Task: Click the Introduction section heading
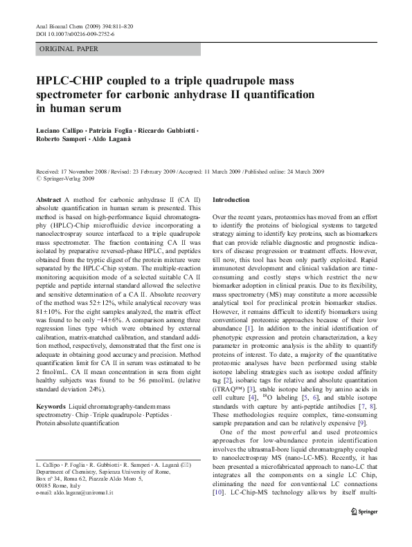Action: click(x=231, y=199)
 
